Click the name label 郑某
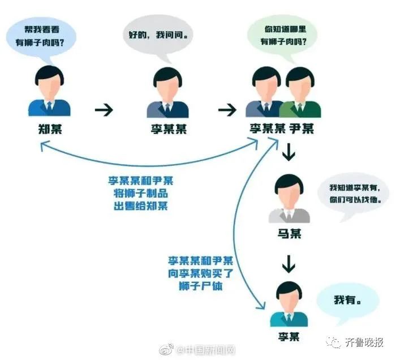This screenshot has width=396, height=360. pos(50,129)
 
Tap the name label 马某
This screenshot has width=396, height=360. pos(290,234)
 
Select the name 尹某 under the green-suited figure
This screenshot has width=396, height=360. pos(302,128)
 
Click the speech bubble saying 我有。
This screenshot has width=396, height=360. pos(348,303)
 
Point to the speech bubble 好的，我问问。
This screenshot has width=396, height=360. pos(158,36)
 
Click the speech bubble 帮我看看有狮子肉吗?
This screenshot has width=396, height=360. pos(41,37)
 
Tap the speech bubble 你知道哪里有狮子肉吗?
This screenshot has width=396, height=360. pos(282,36)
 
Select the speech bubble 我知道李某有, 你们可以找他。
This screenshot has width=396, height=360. pos(353,195)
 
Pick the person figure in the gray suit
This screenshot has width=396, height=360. pos(289,198)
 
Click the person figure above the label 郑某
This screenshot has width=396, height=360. pos(49,91)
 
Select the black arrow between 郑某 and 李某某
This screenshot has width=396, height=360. pos(104,110)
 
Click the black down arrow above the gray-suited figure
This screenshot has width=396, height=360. pos(289,152)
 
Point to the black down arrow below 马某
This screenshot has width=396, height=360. pos(289,264)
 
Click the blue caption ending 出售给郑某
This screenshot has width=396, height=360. pos(141,193)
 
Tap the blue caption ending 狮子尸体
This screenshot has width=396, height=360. pos(200,273)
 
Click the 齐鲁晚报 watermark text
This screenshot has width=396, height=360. pos(364,342)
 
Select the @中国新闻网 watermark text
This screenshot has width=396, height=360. pos(206,350)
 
